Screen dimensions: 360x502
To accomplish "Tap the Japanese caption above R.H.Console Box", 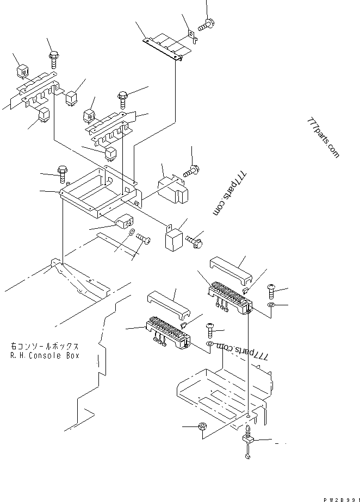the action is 45,347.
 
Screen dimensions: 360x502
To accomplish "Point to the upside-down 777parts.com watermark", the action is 243,352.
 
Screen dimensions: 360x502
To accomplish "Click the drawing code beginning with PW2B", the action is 342,499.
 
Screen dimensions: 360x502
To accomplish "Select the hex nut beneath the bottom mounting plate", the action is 202,426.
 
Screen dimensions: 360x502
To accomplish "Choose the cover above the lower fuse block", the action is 169,305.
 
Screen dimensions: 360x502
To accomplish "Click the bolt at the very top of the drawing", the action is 206,25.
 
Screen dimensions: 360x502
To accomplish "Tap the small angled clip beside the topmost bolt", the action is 193,36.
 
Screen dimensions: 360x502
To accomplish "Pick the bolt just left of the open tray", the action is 62,174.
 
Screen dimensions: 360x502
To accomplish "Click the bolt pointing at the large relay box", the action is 191,171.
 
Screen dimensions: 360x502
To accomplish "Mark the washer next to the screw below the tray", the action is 132,232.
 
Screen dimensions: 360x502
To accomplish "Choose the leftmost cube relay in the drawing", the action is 22,71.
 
